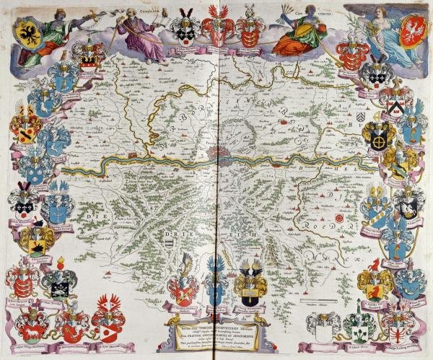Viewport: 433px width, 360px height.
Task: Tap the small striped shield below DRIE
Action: [x=167, y=245]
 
